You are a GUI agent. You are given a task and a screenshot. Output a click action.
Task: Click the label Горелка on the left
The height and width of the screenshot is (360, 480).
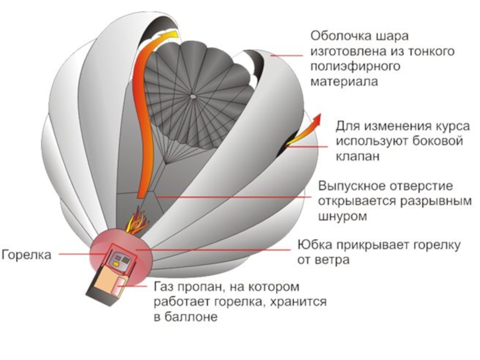click(26, 254)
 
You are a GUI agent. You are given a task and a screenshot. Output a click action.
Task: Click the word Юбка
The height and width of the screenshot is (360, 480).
click(315, 245)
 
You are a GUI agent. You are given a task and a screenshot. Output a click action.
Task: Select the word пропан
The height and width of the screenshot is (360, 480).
click(195, 287)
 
